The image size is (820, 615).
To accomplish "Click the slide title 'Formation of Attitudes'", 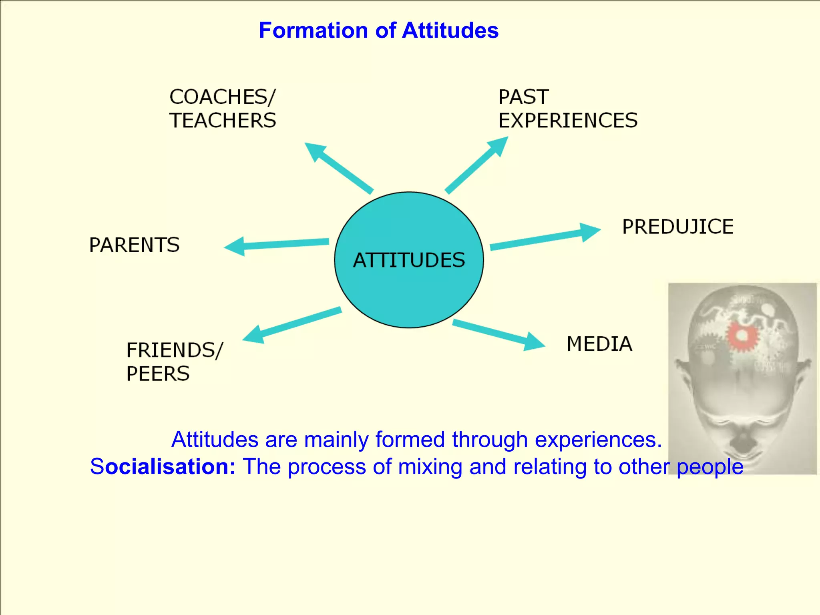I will coord(378,30).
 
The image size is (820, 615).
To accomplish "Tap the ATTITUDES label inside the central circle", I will coord(409,260).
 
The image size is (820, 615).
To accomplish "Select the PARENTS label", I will coord(134,245).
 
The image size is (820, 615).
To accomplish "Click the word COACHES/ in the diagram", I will coord(222,97).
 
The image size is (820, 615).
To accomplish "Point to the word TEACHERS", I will coord(223,121).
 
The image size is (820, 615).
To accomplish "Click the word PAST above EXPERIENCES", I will coord(523,97).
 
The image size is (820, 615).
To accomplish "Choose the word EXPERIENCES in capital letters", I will coord(568,121).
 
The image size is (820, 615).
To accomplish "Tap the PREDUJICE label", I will coord(677,227).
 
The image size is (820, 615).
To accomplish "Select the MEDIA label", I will coord(599,344).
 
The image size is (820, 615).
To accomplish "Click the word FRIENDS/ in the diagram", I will coord(175,350).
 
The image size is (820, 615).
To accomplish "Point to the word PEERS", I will coord(158,374).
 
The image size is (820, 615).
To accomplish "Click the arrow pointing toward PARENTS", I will coord(276,244).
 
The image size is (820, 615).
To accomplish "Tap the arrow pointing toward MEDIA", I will coord(498,335).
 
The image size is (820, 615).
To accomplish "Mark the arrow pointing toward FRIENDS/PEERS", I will coord(292,324).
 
